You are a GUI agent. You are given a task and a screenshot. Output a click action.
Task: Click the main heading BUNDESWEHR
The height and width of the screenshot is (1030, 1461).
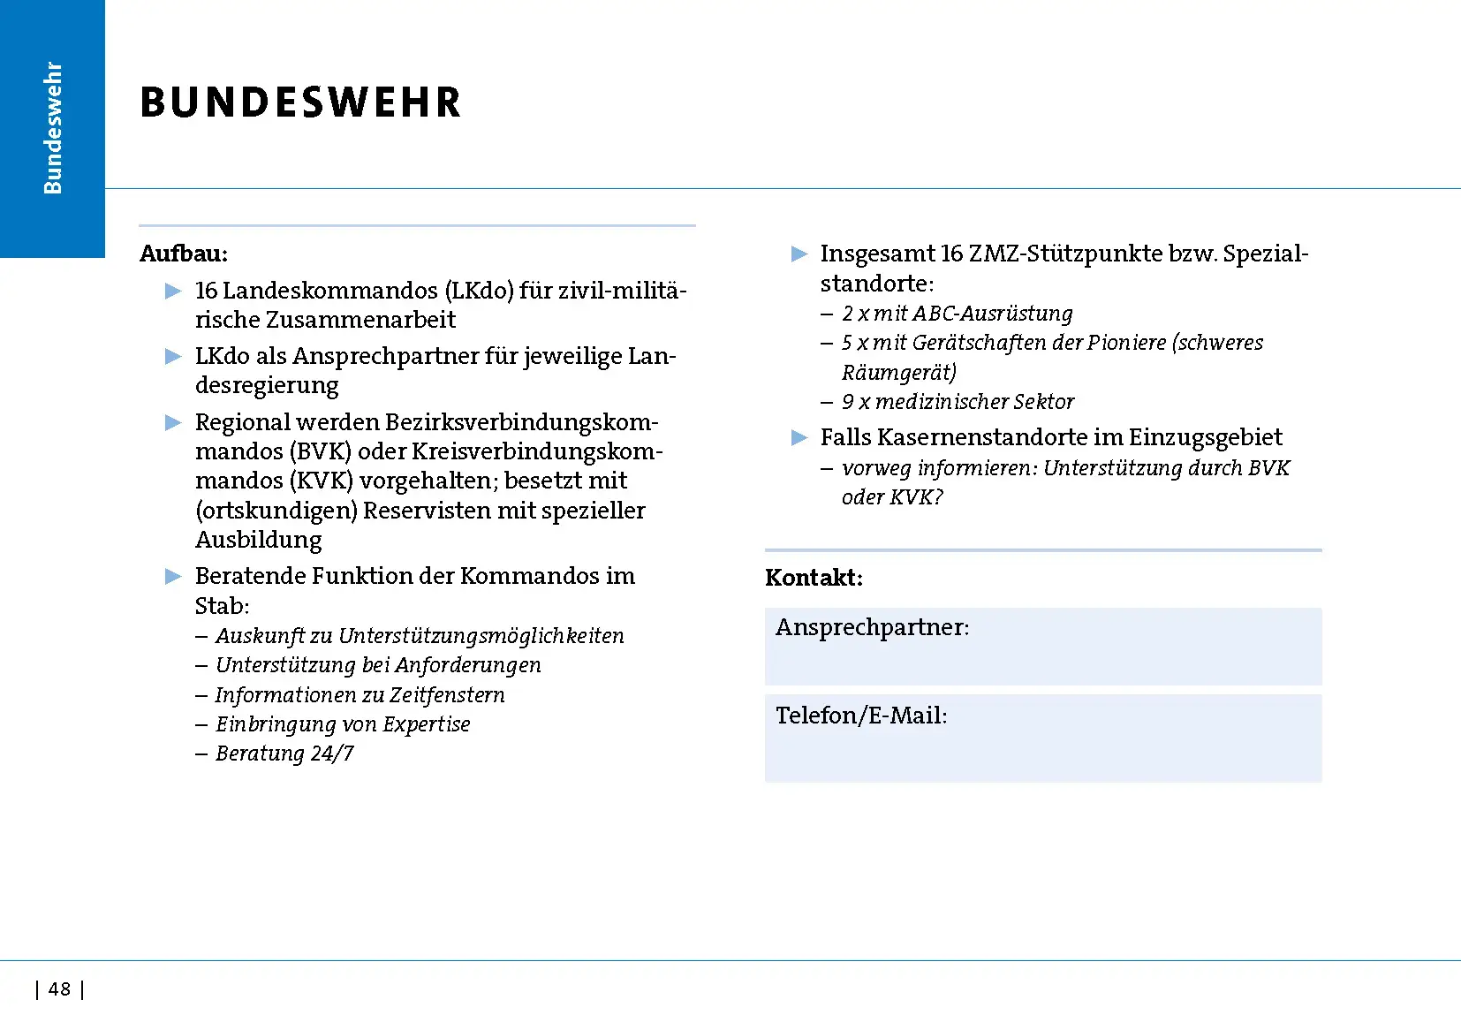[300, 102]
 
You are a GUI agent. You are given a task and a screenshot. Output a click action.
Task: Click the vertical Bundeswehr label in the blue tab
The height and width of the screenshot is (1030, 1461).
[53, 128]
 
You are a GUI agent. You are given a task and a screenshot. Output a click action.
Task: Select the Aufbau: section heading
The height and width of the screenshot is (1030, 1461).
[184, 254]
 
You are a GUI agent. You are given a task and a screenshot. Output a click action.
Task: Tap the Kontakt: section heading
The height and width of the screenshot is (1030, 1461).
[814, 578]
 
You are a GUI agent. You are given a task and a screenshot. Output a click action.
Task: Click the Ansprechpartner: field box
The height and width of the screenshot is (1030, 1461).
[1042, 647]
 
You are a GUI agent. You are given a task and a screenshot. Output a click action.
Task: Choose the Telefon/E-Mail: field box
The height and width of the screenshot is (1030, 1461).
[1042, 738]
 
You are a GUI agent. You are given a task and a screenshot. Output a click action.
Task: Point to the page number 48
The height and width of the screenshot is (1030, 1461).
[59, 989]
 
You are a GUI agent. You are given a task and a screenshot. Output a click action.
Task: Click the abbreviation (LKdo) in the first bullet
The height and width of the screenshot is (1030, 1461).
[479, 291]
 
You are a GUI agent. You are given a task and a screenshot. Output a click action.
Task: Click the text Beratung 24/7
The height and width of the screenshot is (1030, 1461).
[284, 754]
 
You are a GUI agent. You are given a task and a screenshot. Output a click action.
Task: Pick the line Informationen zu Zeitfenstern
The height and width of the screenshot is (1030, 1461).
[360, 695]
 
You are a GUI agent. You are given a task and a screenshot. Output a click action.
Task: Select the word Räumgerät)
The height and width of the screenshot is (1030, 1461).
[899, 373]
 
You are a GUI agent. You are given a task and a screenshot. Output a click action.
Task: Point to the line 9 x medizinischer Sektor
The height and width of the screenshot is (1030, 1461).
[958, 402]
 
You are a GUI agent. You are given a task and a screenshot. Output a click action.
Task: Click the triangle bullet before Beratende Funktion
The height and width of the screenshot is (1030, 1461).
[173, 577]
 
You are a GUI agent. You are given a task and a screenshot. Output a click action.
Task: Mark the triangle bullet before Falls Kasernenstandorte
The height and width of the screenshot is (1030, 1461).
[799, 437]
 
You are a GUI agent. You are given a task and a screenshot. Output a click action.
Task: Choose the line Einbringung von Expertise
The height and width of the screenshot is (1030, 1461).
[343, 724]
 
